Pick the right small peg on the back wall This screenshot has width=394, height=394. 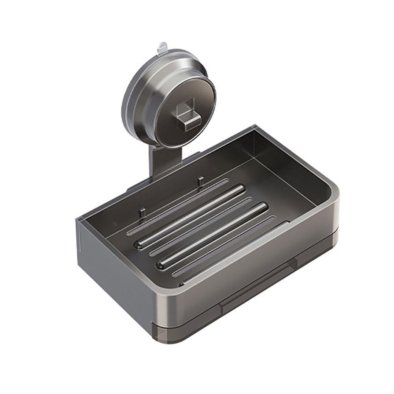pyautogui.click(x=201, y=180)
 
